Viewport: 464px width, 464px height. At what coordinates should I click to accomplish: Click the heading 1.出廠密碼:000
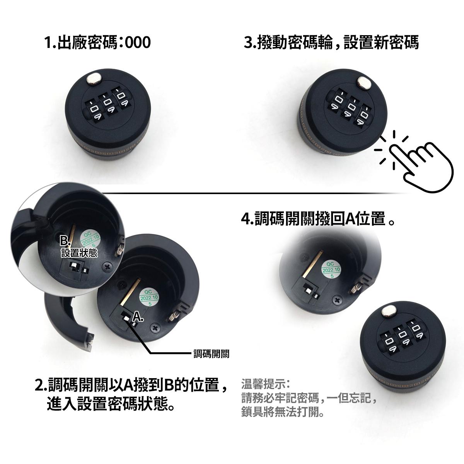coord(98,43)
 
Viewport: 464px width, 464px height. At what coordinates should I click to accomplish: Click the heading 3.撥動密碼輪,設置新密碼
coord(331,43)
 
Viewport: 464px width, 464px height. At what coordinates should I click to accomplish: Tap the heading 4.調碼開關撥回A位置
coord(317,218)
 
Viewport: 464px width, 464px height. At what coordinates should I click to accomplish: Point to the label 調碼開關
coord(212,354)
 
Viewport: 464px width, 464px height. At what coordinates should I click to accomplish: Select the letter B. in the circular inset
coord(65,240)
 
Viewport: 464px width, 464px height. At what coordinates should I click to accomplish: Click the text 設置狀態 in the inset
coord(80,253)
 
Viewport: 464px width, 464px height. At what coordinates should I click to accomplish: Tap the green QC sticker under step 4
coord(331,270)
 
